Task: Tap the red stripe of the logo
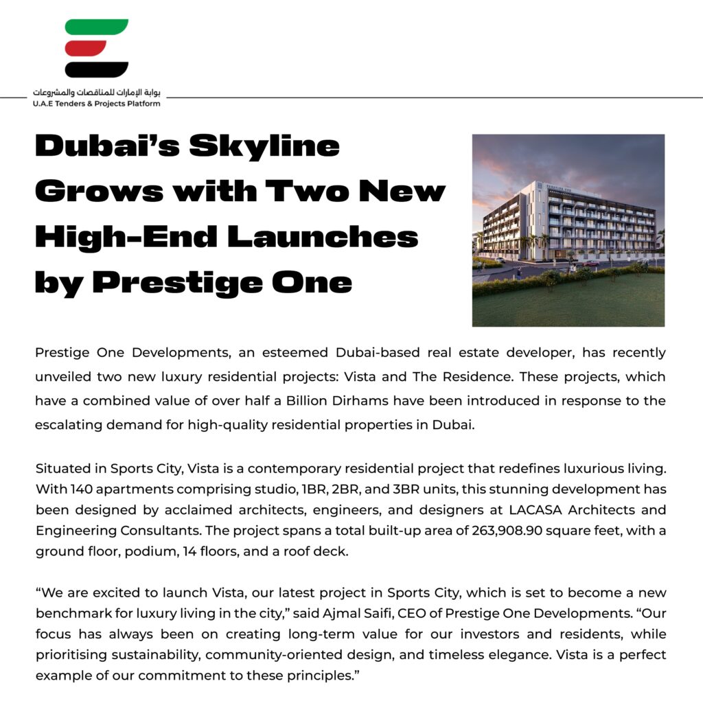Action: (87, 48)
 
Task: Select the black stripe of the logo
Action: (97, 69)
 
